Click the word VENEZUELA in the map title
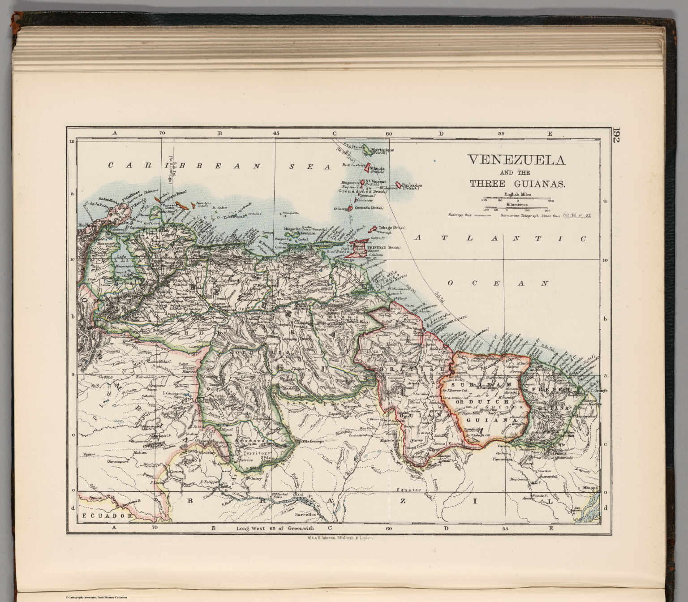coord(516,160)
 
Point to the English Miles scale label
coord(517,194)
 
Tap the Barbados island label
coord(412,185)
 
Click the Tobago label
coord(386,228)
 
